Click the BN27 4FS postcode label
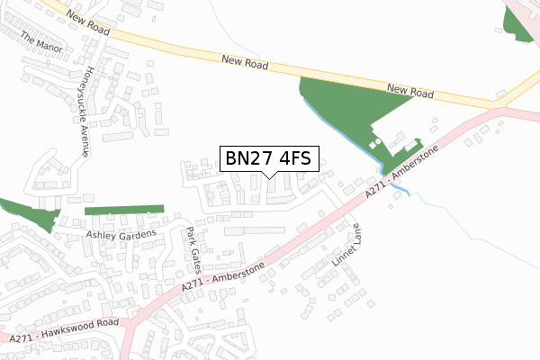pos(268,158)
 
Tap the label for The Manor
pos(39,41)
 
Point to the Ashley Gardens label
pos(121,234)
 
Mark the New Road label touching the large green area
pos(410,90)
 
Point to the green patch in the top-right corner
pos(519,23)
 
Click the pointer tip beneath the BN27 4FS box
pos(268,176)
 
